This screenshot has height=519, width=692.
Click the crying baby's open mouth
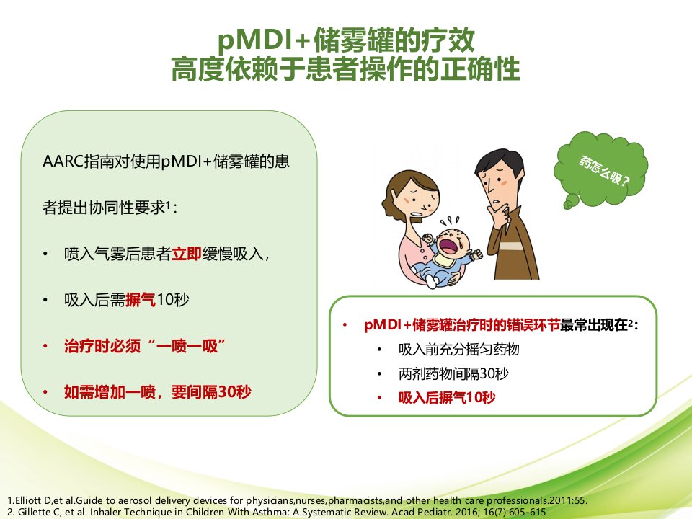[x=449, y=245]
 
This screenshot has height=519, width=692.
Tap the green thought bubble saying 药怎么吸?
[x=600, y=169]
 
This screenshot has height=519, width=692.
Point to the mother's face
[x=420, y=200]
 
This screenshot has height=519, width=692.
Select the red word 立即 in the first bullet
[x=186, y=254]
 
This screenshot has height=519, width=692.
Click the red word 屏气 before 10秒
[x=141, y=300]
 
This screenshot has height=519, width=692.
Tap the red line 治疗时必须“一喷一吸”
[x=145, y=346]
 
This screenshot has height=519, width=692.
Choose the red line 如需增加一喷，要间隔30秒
[x=158, y=392]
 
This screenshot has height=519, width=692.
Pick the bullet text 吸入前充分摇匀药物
[x=458, y=350]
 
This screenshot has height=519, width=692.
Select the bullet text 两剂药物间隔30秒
[x=453, y=374]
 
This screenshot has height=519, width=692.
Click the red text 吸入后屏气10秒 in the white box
[x=447, y=398]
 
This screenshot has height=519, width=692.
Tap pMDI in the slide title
[x=253, y=40]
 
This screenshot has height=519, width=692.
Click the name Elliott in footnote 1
[x=29, y=500]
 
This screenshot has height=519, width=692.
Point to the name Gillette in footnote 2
[x=33, y=512]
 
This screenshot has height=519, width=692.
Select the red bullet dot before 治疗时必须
[x=45, y=346]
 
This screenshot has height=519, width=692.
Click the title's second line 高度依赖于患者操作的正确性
[x=345, y=69]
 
